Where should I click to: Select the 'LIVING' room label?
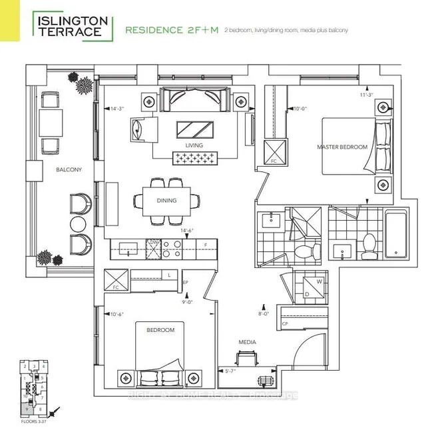(x=194, y=145)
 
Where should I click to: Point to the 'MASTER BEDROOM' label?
(x=343, y=147)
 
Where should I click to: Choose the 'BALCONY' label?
(x=69, y=170)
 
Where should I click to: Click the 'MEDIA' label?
(x=248, y=342)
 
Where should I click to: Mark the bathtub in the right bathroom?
(x=392, y=235)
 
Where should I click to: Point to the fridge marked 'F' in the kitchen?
(x=206, y=245)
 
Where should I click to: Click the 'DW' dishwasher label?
(x=153, y=242)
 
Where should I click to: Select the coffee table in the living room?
(x=196, y=128)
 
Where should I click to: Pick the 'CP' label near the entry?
(x=285, y=325)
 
